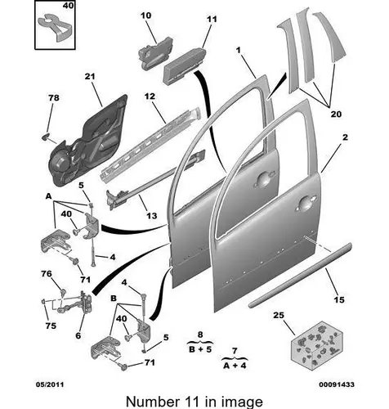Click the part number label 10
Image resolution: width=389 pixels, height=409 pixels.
point(146,16)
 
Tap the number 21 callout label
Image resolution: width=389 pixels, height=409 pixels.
point(90,76)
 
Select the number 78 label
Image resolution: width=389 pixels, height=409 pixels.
point(54,97)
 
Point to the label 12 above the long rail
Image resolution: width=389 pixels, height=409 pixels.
point(150,97)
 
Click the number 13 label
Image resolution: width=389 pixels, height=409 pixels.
point(152,216)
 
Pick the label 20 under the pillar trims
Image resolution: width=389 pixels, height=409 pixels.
point(336,114)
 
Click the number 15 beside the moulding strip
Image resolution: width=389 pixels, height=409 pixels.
point(339,299)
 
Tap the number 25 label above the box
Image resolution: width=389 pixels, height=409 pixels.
point(279,315)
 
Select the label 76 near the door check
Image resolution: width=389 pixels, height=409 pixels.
point(47,273)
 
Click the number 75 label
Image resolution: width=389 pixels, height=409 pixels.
point(51,326)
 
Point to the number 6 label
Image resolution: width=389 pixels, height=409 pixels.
point(78,335)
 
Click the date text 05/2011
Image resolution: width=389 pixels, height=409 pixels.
point(50,384)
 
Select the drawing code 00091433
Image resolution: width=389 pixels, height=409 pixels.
point(337,384)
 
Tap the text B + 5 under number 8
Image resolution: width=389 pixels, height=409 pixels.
point(200,349)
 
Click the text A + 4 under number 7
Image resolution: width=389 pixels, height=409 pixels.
point(235,366)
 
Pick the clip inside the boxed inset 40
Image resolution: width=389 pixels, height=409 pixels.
point(57,27)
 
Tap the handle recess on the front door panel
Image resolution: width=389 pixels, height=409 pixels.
point(305,204)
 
